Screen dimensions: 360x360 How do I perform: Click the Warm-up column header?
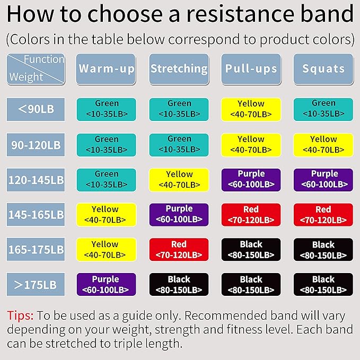[x=106, y=69]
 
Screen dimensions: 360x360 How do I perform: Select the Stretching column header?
[x=179, y=69]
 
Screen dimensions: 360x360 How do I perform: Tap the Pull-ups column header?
[x=251, y=69]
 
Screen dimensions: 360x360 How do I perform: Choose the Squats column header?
[x=323, y=69]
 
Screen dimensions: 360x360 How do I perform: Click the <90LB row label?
[x=36, y=109]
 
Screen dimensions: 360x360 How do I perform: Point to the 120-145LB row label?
[x=36, y=180]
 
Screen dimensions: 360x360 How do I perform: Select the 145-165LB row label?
[x=36, y=215]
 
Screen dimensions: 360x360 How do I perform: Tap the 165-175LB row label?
[x=36, y=249]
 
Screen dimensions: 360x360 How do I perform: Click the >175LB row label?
[x=36, y=284]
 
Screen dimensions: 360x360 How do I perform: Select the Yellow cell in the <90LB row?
[x=251, y=109]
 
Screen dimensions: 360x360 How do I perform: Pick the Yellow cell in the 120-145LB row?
[x=179, y=180]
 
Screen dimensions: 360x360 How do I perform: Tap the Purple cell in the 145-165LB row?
[x=179, y=215]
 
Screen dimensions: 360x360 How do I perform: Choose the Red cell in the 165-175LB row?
[x=179, y=250]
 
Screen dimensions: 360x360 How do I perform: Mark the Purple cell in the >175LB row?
[x=106, y=285]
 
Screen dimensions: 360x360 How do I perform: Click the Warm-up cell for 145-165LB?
[x=106, y=215]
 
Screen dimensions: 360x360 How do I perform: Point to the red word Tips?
[x=20, y=316]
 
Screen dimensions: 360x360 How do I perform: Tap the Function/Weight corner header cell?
[x=36, y=69]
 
